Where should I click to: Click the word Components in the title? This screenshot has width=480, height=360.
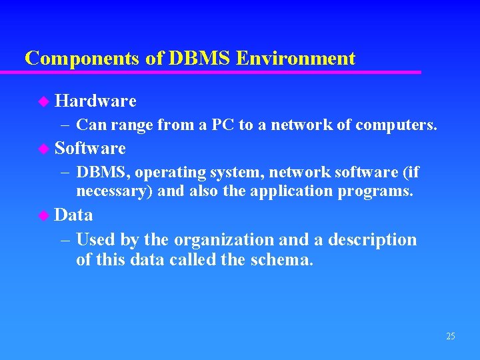[x=83, y=58]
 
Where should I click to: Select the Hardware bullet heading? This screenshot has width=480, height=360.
[x=95, y=101]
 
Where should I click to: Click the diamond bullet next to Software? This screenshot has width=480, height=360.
[x=44, y=148]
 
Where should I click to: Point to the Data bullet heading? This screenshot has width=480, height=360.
[x=73, y=215]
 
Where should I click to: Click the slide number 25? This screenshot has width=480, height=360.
[x=450, y=336]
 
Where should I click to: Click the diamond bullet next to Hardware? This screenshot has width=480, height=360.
[x=44, y=101]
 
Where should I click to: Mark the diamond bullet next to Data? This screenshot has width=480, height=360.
[x=44, y=215]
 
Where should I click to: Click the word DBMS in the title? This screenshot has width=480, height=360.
[x=197, y=58]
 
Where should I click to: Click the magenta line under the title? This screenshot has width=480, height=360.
[x=220, y=71]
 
